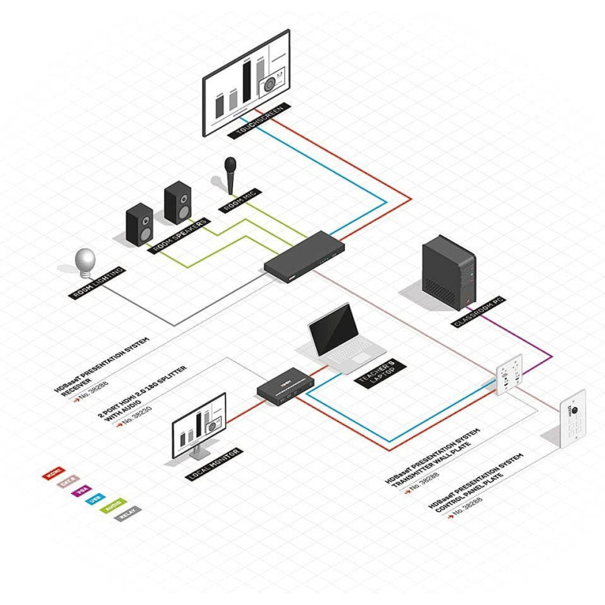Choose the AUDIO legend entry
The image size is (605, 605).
(111, 509)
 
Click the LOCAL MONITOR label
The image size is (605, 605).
(215, 464)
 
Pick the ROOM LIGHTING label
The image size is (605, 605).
(98, 283)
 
